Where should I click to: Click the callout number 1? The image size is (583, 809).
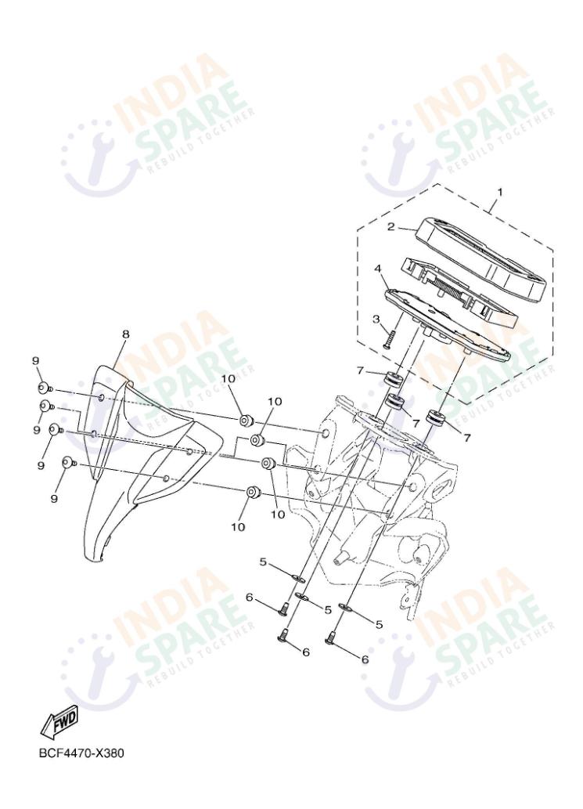(x=499, y=191)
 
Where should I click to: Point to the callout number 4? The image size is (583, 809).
(x=378, y=269)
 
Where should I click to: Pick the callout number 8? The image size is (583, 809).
(x=125, y=334)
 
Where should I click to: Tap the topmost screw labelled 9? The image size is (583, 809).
(x=44, y=386)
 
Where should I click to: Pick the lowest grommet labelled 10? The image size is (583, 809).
(x=253, y=493)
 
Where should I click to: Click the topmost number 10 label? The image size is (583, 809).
(x=227, y=380)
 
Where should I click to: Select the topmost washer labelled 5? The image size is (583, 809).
(x=298, y=580)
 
